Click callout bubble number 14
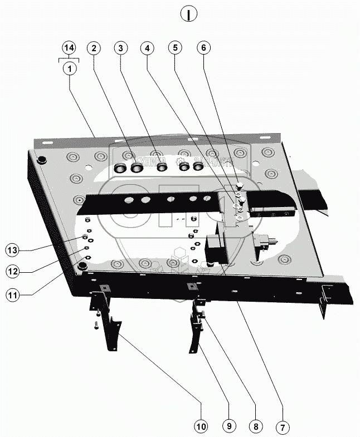point(69,48)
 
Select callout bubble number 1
point(69,68)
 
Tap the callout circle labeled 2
point(94,48)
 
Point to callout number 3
point(120,48)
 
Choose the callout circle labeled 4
point(147,48)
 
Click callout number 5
point(176,48)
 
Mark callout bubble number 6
point(204,48)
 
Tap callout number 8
point(255,427)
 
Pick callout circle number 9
point(227,427)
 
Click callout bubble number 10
point(201,427)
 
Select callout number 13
point(13,248)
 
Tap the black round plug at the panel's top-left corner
point(42,161)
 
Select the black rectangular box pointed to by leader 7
point(216,249)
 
